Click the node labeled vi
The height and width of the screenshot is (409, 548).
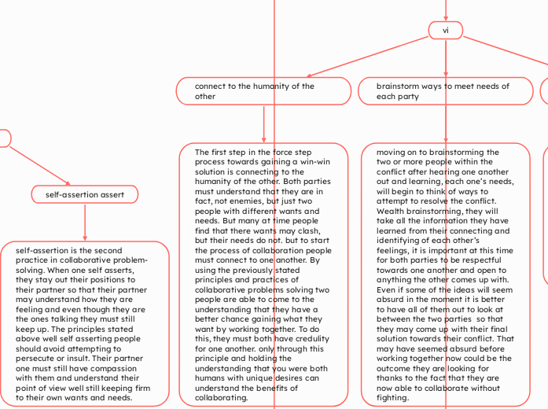(446, 30)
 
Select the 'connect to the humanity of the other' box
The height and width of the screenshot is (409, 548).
(263, 91)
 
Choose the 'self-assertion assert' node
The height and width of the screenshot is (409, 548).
(85, 194)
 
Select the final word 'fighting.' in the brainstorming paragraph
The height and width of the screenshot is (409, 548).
(393, 397)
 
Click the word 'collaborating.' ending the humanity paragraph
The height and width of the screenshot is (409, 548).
(223, 397)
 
